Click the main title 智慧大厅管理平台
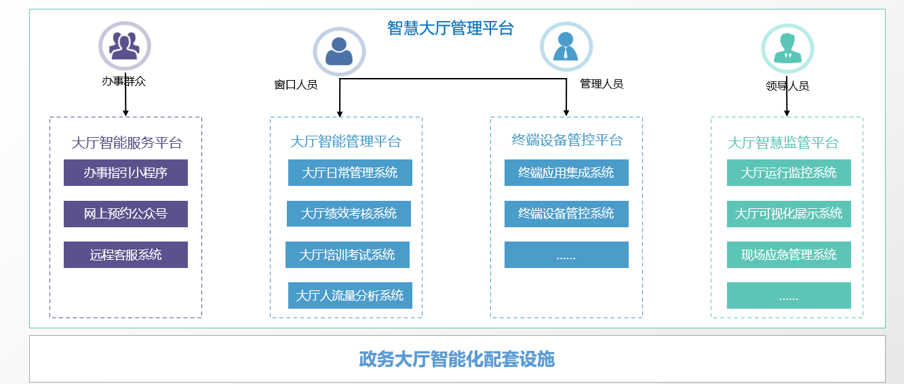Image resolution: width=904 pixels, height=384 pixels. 450,28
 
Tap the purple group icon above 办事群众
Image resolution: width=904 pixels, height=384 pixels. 125,45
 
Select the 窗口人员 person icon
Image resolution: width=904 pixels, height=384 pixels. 339,52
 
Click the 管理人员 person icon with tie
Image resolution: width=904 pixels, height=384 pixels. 566,47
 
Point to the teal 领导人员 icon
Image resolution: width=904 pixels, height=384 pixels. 787,48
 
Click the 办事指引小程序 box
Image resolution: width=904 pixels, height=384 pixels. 125,173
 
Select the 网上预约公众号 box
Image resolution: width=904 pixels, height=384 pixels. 125,214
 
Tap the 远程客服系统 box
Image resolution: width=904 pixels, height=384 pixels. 125,255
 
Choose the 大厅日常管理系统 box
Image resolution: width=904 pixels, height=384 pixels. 350,173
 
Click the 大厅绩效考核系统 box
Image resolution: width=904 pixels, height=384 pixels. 349,214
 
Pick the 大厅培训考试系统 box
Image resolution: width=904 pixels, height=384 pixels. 347,255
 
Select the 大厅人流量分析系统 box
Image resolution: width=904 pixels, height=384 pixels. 350,296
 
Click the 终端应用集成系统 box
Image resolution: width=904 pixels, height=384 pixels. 566,173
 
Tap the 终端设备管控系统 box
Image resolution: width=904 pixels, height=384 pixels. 566,214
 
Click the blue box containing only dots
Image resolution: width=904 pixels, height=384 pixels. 566,255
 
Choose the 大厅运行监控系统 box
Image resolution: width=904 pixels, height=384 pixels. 789,173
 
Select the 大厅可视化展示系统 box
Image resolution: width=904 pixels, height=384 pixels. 789,214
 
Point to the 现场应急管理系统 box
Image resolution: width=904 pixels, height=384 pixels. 789,255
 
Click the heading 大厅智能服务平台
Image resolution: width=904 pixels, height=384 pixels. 127,143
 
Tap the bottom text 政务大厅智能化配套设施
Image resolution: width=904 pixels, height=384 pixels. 457,359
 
